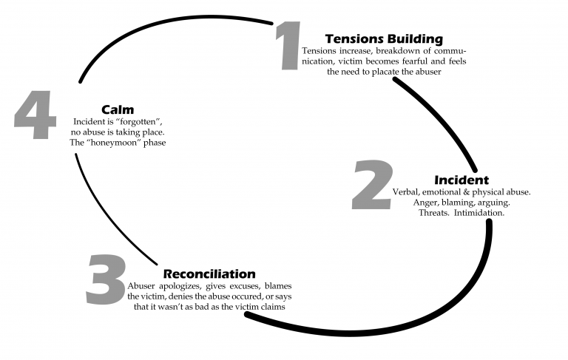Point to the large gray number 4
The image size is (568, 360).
[35, 117]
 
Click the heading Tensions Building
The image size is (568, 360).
[384, 38]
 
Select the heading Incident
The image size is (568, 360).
[461, 180]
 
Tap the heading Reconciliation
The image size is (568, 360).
[209, 274]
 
